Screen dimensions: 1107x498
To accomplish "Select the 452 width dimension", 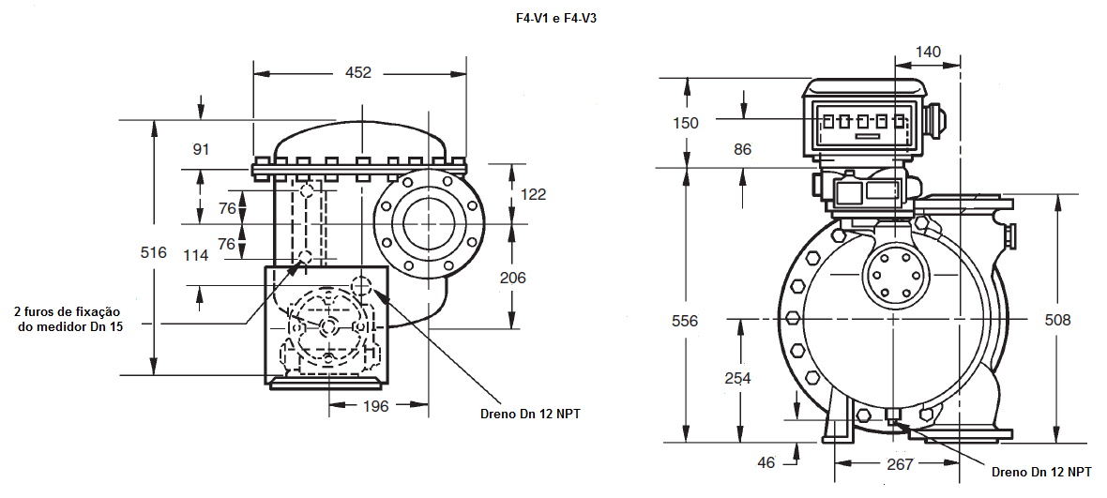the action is point(358,72).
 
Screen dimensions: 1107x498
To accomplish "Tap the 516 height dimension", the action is point(154,252).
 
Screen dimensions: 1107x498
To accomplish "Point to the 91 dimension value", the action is point(201,149).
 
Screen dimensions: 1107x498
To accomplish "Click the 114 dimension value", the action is point(195,255).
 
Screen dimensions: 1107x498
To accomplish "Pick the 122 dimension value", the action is point(533,195).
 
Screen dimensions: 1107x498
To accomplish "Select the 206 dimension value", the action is point(512,278).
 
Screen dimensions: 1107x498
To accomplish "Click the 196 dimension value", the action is point(375,406).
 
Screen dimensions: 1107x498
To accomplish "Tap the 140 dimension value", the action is point(928,52).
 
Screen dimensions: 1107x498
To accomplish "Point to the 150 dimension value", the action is point(685,123).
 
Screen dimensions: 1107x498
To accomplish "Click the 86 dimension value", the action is point(742,149).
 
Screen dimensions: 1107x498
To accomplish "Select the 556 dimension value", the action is point(684,321).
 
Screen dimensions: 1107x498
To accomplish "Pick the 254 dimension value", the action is point(737,378).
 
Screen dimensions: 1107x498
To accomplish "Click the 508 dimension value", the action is point(1057,320).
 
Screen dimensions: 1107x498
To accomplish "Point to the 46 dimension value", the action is point(766,462).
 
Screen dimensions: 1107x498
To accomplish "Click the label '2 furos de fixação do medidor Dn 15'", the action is point(69,320).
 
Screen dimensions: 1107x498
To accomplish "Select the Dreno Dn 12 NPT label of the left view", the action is point(530,414).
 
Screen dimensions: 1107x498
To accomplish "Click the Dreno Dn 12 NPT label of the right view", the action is point(1041,472).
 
